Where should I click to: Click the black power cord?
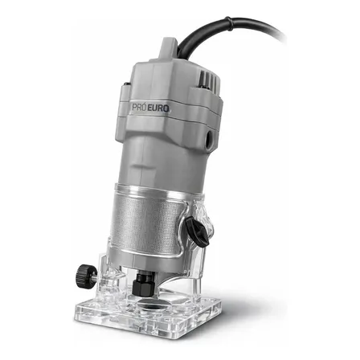click(241, 36)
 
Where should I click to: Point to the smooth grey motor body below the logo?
click(165, 157)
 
